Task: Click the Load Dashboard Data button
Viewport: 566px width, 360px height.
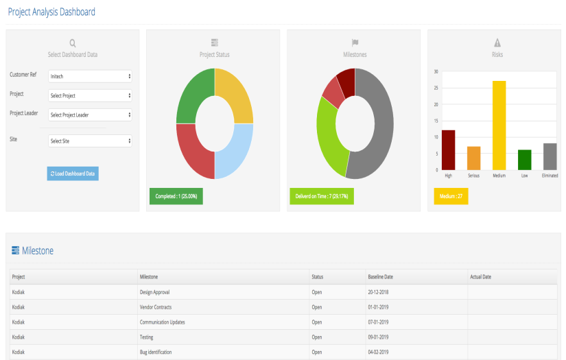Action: (73, 173)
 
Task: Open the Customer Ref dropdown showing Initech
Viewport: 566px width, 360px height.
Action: (90, 76)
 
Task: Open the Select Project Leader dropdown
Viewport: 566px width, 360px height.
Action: (90, 115)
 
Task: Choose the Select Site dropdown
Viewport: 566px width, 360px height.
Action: (90, 141)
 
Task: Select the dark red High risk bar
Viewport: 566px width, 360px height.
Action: (448, 149)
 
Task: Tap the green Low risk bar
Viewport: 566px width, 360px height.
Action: (524, 160)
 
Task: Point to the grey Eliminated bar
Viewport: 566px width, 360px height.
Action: (550, 156)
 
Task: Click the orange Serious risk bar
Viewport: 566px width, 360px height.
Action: (473, 158)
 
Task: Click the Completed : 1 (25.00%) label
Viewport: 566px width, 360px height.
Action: (176, 196)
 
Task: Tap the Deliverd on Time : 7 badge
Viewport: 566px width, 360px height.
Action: (321, 196)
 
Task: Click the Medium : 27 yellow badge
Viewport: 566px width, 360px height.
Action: (451, 196)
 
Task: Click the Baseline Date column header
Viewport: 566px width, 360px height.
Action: (380, 277)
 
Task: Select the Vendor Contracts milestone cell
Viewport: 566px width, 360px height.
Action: (155, 307)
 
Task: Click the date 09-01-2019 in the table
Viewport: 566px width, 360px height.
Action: (379, 337)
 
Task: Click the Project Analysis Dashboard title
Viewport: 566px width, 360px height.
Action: (51, 12)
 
